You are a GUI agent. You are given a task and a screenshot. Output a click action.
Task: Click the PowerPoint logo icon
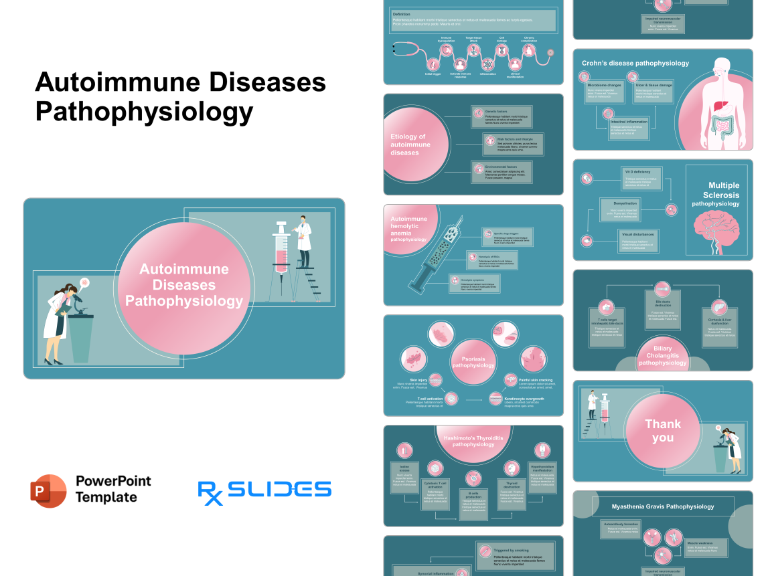tap(49, 491)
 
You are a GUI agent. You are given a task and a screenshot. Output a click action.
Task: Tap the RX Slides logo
tap(264, 490)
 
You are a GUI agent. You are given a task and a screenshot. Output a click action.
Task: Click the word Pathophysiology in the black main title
tap(144, 111)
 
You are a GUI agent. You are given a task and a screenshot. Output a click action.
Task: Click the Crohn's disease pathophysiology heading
tap(635, 64)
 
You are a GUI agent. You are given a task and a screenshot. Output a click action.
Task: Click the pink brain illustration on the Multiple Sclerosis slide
tap(715, 227)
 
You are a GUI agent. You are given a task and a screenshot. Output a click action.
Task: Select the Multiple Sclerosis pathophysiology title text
tap(715, 194)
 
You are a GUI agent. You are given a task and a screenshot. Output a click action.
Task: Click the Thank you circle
tap(663, 431)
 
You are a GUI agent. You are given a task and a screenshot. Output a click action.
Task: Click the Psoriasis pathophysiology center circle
tap(473, 361)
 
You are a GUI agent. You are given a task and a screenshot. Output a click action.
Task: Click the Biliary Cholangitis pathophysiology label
tap(662, 356)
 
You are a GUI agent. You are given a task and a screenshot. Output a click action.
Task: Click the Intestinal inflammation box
tap(628, 127)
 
